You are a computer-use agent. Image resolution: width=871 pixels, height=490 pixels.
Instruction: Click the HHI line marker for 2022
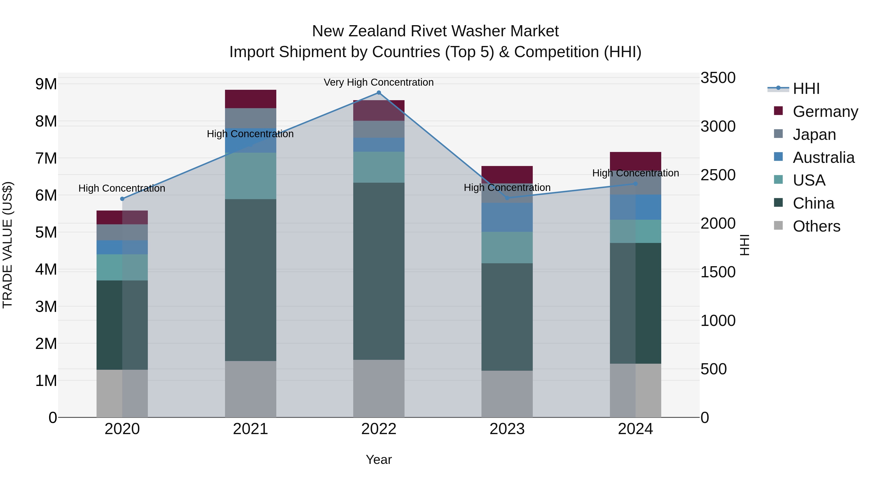pos(379,93)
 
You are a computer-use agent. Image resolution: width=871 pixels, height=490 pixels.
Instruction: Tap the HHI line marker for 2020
pos(122,199)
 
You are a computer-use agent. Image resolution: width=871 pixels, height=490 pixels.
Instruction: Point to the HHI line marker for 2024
pos(635,184)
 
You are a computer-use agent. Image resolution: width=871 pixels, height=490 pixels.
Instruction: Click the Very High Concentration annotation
pos(378,83)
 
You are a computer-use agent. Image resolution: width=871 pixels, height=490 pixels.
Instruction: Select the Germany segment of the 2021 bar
pos(251,99)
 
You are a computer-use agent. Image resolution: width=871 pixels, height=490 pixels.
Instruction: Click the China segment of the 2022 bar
pos(379,271)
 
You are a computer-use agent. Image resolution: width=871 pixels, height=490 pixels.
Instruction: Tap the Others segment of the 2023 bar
pos(507,394)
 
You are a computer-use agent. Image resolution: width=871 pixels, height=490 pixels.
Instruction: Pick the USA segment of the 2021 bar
pos(251,176)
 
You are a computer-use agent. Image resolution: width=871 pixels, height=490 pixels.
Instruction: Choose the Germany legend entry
pos(825,112)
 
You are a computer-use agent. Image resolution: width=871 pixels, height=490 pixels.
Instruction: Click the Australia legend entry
pos(823,158)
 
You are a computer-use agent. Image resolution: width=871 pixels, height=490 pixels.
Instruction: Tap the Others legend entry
pos(816,226)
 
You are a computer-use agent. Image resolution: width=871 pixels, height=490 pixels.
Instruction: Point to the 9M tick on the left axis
pos(46,84)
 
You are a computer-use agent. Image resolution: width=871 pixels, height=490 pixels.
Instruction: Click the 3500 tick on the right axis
pos(718,78)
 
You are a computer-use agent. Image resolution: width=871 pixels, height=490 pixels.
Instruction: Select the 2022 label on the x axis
pos(379,429)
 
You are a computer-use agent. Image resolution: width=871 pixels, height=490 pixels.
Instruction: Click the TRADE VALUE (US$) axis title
pos(8,245)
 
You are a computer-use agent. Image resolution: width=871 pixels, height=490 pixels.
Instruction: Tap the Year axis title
pos(379,460)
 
